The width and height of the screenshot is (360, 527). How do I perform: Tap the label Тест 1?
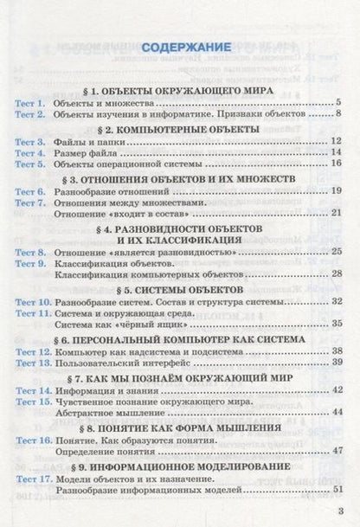(31, 102)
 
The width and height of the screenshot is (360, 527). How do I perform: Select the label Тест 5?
(31, 163)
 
